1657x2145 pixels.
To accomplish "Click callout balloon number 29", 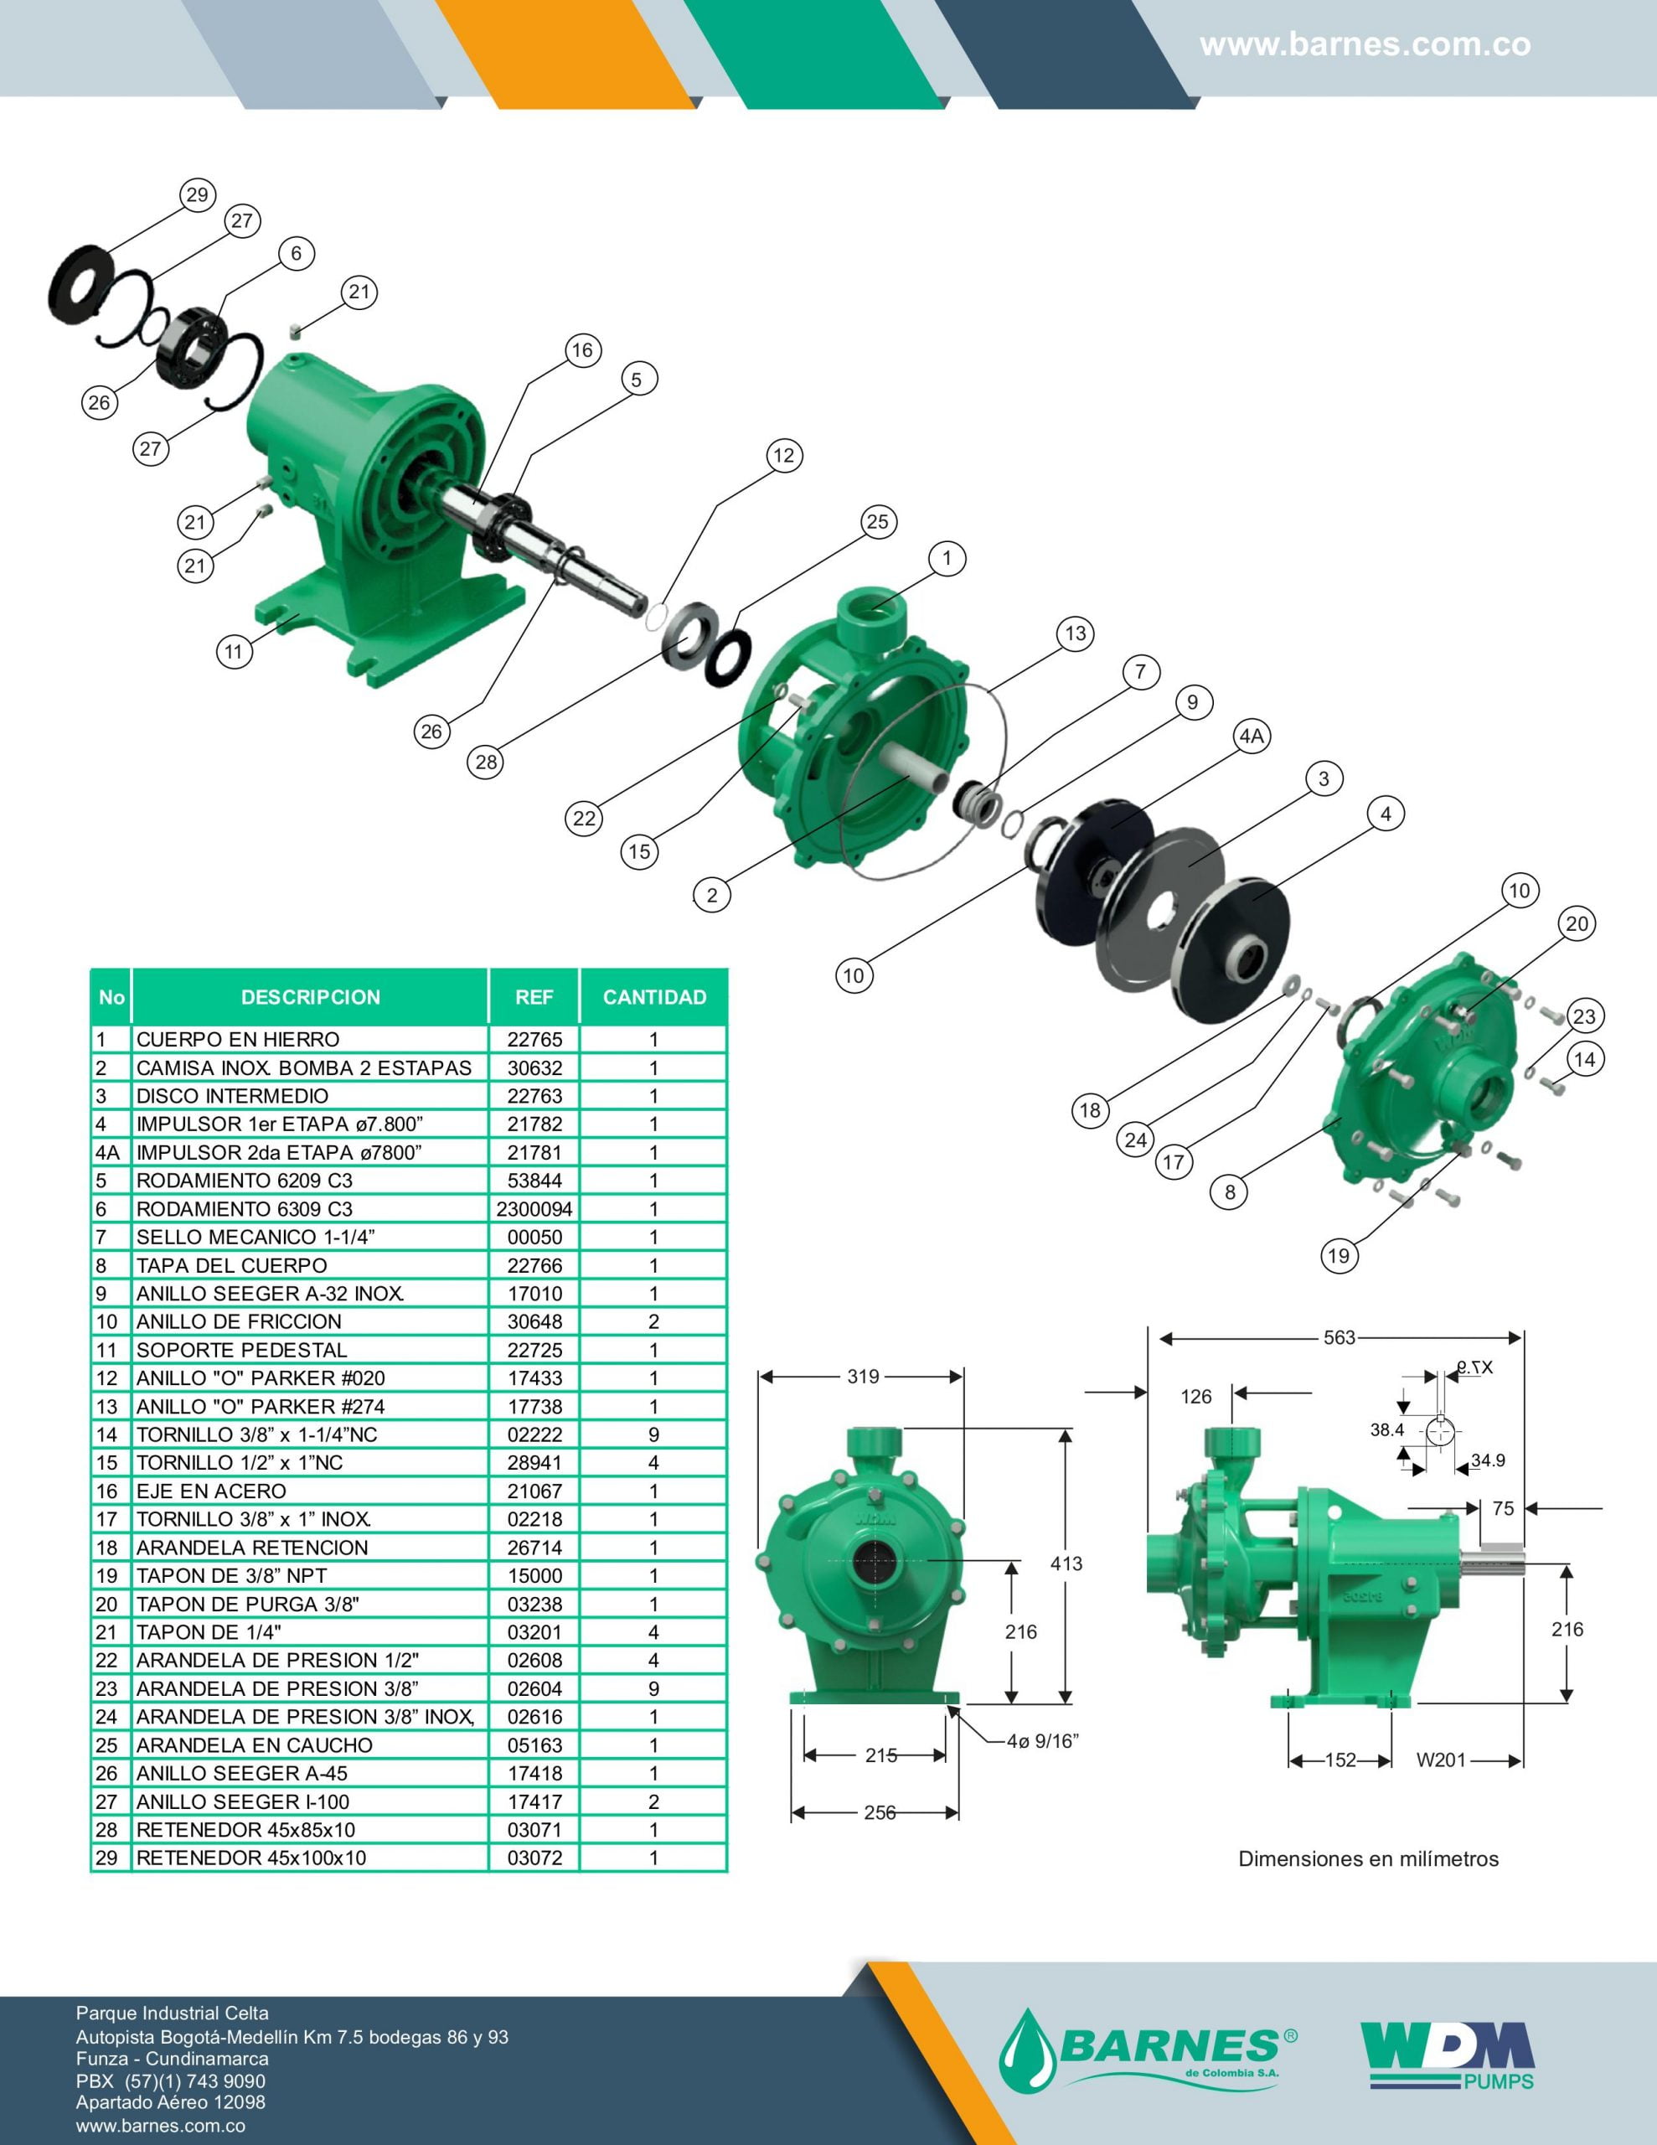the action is (x=198, y=194).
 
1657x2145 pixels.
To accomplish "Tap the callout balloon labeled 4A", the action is (x=1252, y=737).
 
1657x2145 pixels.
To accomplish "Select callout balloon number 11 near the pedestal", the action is (x=234, y=652).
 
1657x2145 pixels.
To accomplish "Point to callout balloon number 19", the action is (x=1339, y=1256).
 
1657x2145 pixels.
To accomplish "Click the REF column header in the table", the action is (x=534, y=997).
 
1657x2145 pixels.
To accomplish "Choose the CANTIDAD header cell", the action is (x=654, y=997).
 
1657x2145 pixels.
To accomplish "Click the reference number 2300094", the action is (x=534, y=1209).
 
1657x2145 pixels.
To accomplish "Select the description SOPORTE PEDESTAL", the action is (x=241, y=1351).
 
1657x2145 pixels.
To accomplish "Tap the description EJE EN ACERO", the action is (x=211, y=1491).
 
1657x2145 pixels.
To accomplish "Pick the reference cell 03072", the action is (x=534, y=1858).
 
